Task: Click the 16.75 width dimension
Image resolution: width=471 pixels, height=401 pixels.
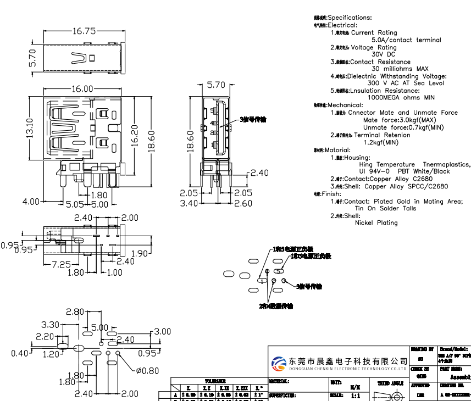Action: [84, 31]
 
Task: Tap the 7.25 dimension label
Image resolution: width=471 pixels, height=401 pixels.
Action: [60, 264]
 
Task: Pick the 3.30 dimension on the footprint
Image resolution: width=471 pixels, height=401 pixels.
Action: [51, 325]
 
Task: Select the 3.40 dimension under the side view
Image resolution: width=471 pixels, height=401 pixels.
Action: [189, 203]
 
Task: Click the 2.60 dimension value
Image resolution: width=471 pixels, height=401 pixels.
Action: [243, 203]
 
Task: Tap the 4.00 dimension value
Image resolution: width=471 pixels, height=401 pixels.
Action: [31, 202]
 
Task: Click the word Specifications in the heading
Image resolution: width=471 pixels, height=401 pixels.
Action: [350, 18]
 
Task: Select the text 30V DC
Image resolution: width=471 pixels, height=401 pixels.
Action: [383, 54]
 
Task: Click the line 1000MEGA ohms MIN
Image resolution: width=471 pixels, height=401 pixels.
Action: [401, 97]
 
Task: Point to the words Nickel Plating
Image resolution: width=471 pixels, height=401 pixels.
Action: [376, 223]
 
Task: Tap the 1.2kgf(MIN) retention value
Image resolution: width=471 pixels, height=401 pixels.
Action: [381, 142]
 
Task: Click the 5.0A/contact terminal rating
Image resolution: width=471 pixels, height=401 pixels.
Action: [406, 40]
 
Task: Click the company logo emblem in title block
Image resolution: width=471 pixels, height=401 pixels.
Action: [279, 363]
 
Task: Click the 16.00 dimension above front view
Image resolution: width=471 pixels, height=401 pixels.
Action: [81, 89]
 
